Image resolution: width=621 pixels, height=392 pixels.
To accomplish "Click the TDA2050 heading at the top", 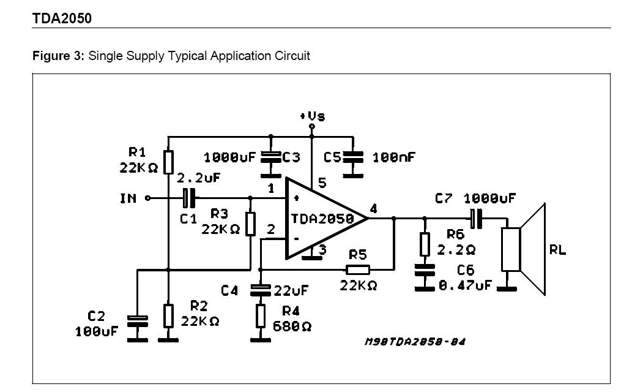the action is coord(62,18).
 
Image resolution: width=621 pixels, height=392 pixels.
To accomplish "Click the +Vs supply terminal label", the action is coord(313,116).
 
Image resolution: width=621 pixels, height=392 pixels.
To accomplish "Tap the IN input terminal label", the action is coord(128,198).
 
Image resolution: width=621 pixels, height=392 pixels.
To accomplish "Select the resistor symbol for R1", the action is coord(169,162).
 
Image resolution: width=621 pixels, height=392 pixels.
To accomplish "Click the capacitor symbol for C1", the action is coord(189,198).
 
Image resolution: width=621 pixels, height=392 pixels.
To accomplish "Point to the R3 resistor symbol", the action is coord(250,224).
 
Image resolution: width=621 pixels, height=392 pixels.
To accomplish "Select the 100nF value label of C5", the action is coord(393,157).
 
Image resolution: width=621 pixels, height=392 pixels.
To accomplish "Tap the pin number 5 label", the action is coord(322,183).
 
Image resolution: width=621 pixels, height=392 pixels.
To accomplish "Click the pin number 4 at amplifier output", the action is coord(373,208).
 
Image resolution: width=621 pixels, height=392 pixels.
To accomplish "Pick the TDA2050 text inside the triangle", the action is coord(322,219).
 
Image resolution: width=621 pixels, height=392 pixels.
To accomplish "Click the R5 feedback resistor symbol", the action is coord(358,270).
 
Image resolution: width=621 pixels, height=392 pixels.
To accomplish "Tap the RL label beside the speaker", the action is coord(557,250).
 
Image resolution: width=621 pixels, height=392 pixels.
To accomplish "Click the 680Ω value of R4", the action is coord(292,326).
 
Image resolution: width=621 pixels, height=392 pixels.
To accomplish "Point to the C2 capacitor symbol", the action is coord(138,322).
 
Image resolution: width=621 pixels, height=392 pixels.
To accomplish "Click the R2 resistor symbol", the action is coord(169,316).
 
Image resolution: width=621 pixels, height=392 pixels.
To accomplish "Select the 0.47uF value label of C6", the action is coord(466,285).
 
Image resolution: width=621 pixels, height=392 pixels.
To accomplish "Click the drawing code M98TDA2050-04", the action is coord(415,341).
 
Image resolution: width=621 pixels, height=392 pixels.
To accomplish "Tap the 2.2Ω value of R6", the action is coord(456,250).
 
